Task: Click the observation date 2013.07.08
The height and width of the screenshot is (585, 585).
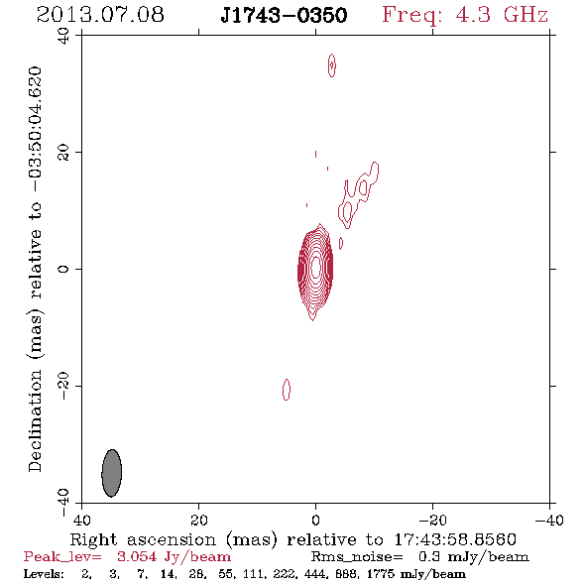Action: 100,15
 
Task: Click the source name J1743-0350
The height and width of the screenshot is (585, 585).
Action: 284,15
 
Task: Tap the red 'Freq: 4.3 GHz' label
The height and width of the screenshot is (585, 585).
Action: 465,15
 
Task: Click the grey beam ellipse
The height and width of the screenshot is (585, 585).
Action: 112,473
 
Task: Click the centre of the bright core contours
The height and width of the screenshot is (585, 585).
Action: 315,267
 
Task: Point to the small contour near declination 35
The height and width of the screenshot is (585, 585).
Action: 332,65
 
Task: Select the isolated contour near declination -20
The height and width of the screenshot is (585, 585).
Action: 287,390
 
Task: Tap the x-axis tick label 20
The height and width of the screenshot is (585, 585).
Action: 198,521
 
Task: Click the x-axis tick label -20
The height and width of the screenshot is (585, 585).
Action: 432,521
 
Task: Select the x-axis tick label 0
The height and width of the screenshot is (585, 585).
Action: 315,521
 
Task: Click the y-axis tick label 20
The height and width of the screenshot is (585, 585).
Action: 63,153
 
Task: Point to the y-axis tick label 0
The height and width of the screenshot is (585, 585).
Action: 63,269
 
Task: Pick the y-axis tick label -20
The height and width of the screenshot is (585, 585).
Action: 63,386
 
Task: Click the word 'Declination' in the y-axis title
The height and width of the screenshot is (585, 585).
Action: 35,420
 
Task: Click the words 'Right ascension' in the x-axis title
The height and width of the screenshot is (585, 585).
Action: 143,539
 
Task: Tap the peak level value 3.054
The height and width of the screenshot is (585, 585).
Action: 137,556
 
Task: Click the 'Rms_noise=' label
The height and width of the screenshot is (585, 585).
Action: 357,557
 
